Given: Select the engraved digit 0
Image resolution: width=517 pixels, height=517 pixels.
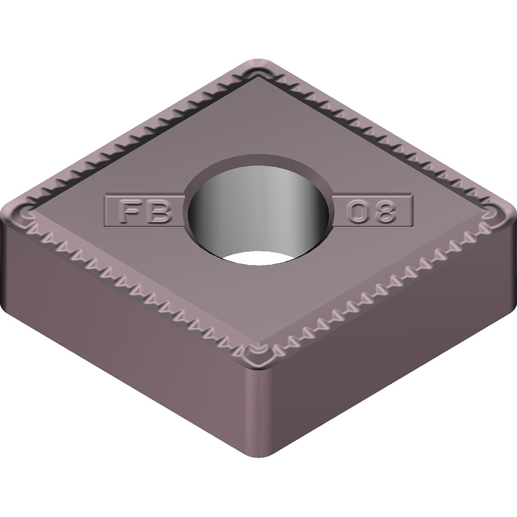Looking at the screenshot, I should (x=358, y=212).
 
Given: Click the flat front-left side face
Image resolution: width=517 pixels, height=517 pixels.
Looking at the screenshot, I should (x=129, y=331).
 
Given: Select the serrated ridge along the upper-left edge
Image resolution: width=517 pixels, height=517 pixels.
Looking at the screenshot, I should (x=140, y=134).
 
